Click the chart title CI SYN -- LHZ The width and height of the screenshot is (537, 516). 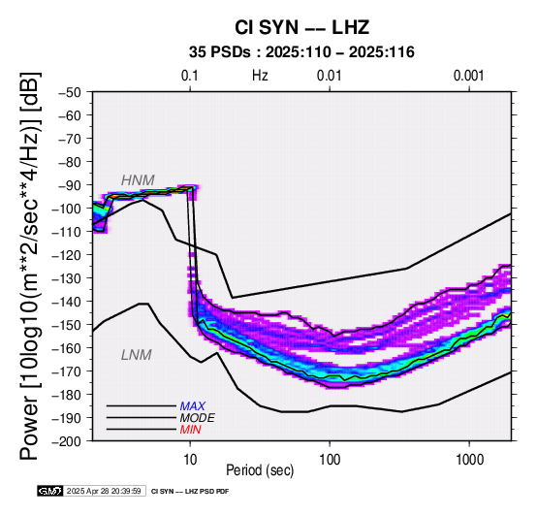301,27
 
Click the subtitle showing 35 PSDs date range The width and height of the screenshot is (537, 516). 301,52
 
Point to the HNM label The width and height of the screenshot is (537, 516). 138,180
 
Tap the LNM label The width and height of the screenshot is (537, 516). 137,355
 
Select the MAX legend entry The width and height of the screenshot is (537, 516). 193,406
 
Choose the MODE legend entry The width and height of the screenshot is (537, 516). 198,418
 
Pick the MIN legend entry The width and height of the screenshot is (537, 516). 190,430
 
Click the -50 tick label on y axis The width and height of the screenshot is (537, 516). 70,92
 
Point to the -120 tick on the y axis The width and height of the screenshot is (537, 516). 67,255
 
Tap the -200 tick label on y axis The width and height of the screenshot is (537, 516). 67,441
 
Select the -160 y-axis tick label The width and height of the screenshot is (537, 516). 67,348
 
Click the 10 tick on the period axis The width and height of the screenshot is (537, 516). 190,459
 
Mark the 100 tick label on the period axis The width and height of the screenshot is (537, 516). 330,459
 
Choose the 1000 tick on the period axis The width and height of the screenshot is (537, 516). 469,459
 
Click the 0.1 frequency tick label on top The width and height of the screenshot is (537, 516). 190,76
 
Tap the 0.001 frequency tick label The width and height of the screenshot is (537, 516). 469,76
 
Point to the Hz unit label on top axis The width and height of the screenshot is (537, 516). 260,76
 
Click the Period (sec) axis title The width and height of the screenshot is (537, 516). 260,470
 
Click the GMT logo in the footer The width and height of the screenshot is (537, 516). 50,491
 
